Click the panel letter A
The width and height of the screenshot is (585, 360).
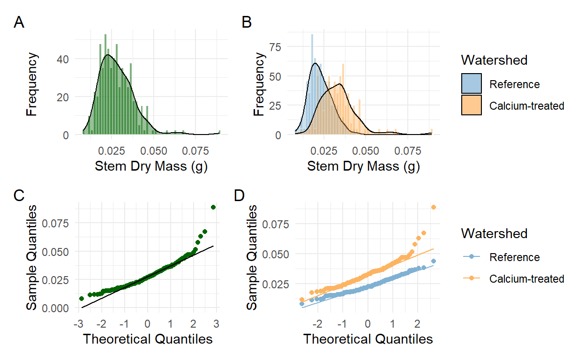click(x=19, y=22)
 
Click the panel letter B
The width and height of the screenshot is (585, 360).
click(x=247, y=22)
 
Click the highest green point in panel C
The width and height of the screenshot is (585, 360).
click(x=213, y=207)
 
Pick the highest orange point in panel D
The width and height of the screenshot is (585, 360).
click(x=434, y=207)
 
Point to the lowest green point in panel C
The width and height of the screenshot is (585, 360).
click(x=81, y=298)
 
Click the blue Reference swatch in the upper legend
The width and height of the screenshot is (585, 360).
click(x=472, y=84)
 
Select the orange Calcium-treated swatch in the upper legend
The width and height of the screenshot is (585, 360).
click(x=472, y=105)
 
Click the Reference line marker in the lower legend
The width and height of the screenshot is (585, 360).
click(x=472, y=257)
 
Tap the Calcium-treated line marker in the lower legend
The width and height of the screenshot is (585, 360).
click(x=472, y=279)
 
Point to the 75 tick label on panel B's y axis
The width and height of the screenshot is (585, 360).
click(x=278, y=46)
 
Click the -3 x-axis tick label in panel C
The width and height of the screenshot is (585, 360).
click(x=78, y=324)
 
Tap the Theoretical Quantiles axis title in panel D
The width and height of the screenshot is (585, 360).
click(x=368, y=338)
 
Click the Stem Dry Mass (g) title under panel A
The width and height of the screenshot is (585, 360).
click(x=151, y=166)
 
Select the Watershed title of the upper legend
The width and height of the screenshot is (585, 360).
click(x=494, y=60)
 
